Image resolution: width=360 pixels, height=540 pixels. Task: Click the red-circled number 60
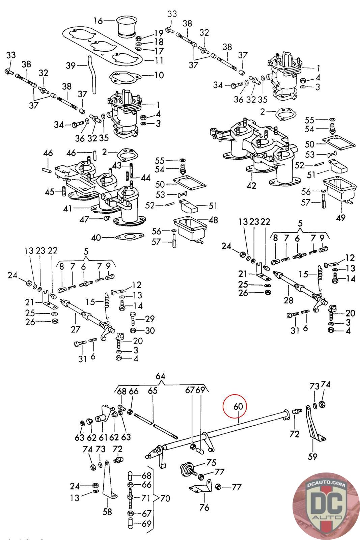238,406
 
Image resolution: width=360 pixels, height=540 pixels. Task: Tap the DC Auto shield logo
326,505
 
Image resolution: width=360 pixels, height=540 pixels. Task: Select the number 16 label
98,21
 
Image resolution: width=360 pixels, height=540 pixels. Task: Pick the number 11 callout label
159,61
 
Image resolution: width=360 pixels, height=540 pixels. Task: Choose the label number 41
68,209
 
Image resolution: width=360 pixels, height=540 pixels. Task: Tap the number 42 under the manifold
251,185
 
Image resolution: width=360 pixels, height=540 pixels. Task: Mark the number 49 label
340,218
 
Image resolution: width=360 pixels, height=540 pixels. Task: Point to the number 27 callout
75,329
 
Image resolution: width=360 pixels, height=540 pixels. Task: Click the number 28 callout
288,300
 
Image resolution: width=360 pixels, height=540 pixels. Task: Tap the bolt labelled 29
133,318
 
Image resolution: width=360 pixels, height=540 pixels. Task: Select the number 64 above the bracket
161,376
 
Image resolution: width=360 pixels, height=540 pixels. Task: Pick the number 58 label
107,512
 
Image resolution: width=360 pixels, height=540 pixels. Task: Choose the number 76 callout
204,507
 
